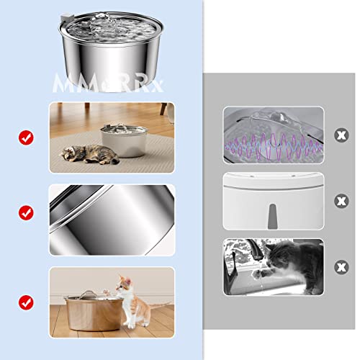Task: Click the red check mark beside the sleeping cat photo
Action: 26,136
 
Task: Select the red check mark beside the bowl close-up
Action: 26,213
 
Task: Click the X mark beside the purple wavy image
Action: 339,135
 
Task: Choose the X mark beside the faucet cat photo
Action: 339,266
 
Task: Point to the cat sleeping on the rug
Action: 87,153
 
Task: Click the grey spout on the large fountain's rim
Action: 68,16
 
